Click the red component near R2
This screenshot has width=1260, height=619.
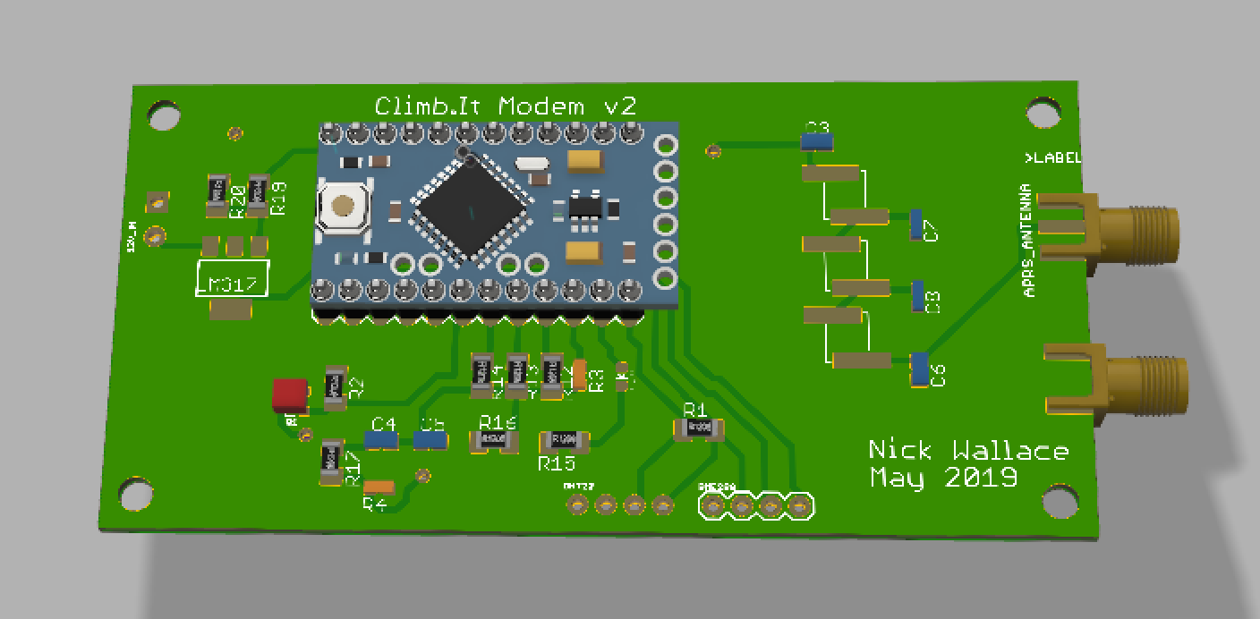coord(289,394)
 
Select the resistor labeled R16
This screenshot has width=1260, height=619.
coord(494,440)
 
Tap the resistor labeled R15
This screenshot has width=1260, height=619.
coord(564,439)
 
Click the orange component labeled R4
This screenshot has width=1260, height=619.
coord(379,488)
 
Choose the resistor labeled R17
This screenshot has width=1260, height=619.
coord(332,461)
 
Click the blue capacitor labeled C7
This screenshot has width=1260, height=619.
coord(915,224)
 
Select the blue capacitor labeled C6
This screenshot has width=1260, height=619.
coord(919,369)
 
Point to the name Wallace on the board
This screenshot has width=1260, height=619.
coord(1011,450)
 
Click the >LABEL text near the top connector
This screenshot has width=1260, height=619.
coord(1052,158)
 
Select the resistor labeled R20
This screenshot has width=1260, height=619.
coord(217,195)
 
